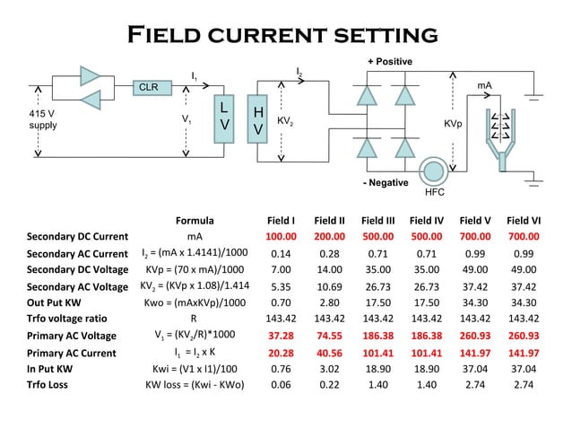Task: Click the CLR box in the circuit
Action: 148,87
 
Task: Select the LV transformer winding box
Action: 225,119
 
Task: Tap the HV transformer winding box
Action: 257,120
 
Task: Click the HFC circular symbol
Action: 434,171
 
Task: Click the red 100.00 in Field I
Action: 281,237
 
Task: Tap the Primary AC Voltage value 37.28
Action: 282,336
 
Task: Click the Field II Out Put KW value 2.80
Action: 330,302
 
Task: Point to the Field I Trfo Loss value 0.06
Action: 282,384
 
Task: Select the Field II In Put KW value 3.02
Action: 330,368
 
